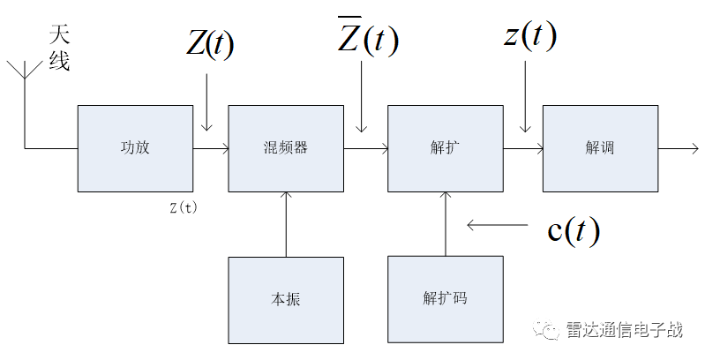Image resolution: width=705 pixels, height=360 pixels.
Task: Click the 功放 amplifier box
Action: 135,148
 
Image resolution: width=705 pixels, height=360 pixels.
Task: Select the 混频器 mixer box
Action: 286,148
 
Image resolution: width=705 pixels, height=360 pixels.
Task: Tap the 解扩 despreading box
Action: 445,148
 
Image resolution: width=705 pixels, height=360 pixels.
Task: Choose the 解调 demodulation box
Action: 599,148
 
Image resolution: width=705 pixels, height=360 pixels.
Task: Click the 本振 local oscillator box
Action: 286,299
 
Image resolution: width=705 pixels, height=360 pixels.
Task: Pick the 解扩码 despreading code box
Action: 445,299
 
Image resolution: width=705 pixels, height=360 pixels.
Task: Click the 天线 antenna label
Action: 58,49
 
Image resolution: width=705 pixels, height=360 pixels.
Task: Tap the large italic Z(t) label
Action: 209,44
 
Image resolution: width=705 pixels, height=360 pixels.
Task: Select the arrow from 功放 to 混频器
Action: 210,148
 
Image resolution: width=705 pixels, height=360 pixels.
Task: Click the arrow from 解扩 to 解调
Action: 522,148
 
